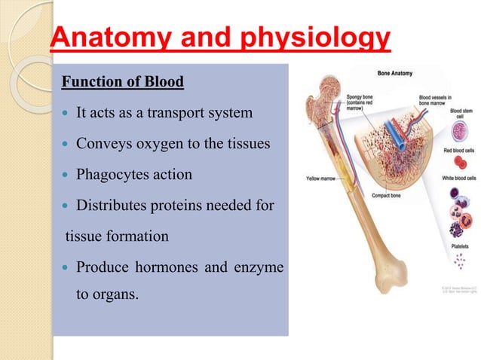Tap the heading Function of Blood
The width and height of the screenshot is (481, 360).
pyautogui.click(x=122, y=81)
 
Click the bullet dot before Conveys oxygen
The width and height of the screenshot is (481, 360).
pyautogui.click(x=67, y=145)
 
